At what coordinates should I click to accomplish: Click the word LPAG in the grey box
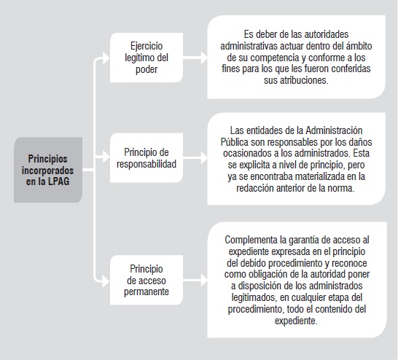[x=58, y=181]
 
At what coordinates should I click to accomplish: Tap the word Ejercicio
[x=147, y=47]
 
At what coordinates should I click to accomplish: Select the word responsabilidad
[x=147, y=164]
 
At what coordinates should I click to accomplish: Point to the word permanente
[x=147, y=292]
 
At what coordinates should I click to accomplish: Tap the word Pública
[x=235, y=142]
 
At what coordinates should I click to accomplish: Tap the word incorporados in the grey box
[x=47, y=171]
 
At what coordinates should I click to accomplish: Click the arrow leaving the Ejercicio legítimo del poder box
[x=195, y=58]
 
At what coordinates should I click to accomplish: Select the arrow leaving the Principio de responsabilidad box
[x=195, y=158]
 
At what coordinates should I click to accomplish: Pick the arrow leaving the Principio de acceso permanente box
[x=195, y=281]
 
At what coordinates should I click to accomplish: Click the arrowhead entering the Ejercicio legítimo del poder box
[x=106, y=58]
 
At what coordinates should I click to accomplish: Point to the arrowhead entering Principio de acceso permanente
[x=106, y=281]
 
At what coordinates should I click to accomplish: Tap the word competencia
[x=275, y=58]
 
